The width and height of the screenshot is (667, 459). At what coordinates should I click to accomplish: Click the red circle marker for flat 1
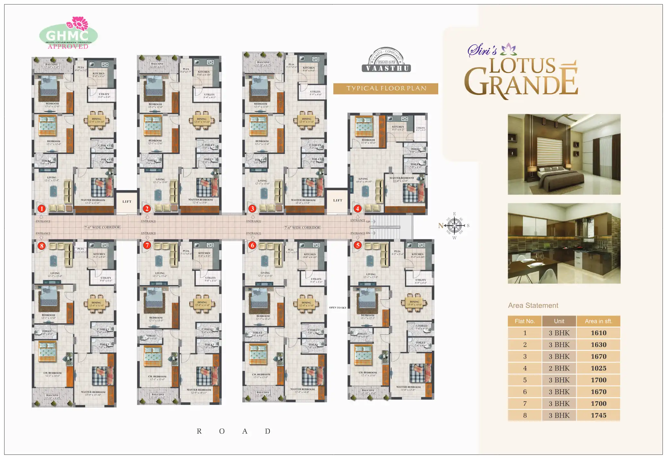[41, 208]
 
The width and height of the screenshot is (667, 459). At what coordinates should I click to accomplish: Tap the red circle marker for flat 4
[357, 208]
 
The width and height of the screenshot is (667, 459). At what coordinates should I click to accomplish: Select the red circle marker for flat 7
[147, 245]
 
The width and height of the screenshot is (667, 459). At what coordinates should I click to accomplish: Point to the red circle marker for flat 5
[357, 245]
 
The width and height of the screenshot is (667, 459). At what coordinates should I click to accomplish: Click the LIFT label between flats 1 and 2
[127, 202]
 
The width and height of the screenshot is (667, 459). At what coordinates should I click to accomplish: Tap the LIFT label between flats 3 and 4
[338, 200]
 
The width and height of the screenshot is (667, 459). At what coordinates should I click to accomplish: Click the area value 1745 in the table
[598, 415]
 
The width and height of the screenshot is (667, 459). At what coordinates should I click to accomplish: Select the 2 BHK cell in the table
[559, 368]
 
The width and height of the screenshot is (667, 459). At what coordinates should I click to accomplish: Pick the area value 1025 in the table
[598, 368]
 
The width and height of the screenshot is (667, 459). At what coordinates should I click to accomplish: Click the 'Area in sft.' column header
[598, 321]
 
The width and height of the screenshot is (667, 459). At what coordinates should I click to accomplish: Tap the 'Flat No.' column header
[525, 321]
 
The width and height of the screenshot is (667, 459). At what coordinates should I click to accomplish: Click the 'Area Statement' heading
[533, 305]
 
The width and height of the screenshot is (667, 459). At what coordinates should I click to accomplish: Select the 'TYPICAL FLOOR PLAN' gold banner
[386, 89]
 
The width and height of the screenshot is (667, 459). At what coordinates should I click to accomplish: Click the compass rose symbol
[454, 225]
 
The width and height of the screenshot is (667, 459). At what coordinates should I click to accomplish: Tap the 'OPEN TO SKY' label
[338, 308]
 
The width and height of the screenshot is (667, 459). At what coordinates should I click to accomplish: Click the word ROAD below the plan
[234, 431]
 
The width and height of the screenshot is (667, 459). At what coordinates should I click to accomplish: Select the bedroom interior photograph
[564, 154]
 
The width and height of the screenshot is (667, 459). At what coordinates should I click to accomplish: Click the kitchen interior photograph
[564, 243]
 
